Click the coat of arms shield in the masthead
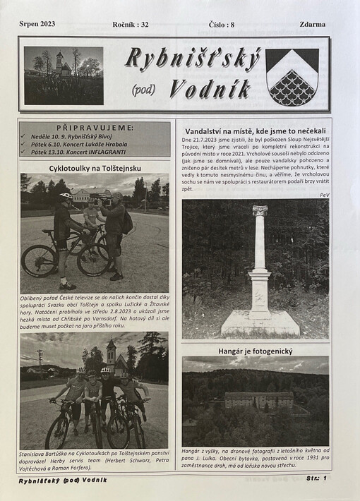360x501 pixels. click(292, 76)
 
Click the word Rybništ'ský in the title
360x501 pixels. click(192, 61)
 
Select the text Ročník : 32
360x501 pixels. click(131, 24)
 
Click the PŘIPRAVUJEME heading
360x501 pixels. click(95, 127)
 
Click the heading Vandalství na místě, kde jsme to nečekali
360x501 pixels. click(255, 131)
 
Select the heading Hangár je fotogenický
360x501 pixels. click(255, 350)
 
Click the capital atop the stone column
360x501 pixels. click(260, 210)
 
